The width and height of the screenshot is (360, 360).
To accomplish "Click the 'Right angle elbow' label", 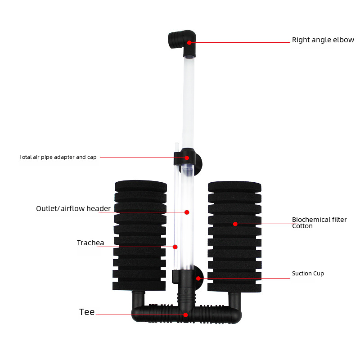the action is pyautogui.click(x=323, y=40).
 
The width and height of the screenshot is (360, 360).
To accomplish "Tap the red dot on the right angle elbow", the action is pyautogui.click(x=190, y=43).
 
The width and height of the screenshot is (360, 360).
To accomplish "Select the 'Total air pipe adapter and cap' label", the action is pyautogui.click(x=58, y=157).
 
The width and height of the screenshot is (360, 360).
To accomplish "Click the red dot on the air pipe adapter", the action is pyautogui.click(x=187, y=158).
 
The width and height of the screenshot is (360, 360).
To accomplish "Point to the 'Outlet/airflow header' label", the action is pyautogui.click(x=73, y=209).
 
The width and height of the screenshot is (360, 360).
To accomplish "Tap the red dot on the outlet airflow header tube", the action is pyautogui.click(x=187, y=212).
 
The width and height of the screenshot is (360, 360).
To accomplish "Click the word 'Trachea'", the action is pyautogui.click(x=90, y=243).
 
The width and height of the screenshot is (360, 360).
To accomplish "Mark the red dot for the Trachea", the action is pyautogui.click(x=175, y=247).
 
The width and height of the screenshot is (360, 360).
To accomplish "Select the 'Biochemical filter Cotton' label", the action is pyautogui.click(x=319, y=223).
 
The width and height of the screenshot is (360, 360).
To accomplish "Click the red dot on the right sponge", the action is pyautogui.click(x=235, y=224).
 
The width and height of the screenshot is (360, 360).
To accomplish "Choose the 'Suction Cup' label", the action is pyautogui.click(x=308, y=274).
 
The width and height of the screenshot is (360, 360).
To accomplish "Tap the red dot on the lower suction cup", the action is pyautogui.click(x=198, y=278).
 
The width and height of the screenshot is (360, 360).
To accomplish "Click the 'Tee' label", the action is pyautogui.click(x=87, y=312).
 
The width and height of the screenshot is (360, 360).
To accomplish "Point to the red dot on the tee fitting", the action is pyautogui.click(x=185, y=315).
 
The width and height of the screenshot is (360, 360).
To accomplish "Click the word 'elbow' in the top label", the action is pyautogui.click(x=343, y=40).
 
